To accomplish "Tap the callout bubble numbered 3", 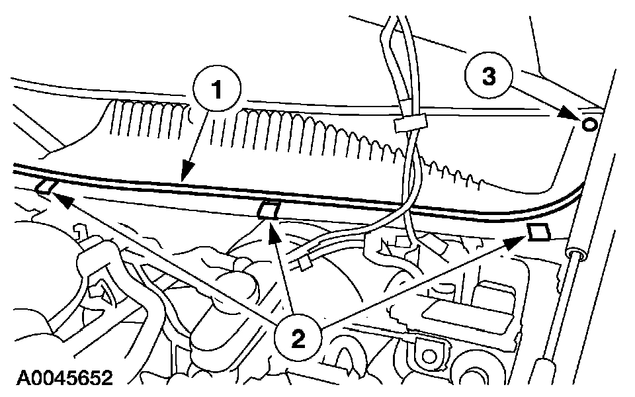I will [488, 77].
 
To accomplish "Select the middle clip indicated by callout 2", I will [267, 210].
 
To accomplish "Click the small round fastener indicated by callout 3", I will [590, 123].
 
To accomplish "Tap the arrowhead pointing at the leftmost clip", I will [56, 196].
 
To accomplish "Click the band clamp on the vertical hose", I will [409, 124].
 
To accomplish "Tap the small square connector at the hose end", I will [304, 264].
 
